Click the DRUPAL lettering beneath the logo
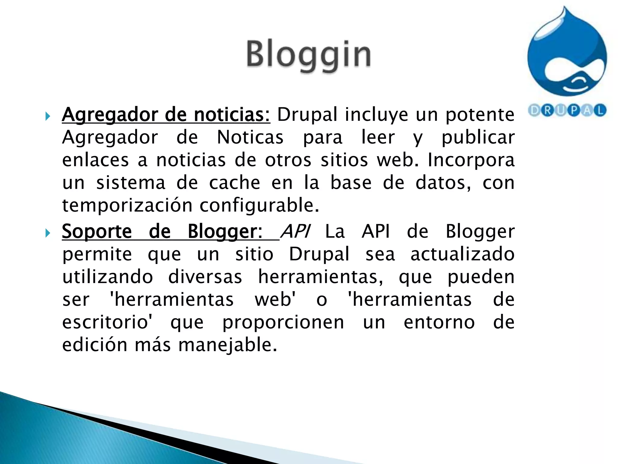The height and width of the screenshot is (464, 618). (567, 111)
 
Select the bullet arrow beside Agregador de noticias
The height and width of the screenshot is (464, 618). (47, 116)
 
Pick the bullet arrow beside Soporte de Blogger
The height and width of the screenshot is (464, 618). (47, 233)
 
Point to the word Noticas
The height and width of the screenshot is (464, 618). (250, 137)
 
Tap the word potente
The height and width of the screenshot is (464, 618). (480, 115)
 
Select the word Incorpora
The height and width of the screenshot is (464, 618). (471, 160)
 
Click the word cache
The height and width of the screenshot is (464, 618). (234, 183)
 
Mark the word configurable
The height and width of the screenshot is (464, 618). (259, 206)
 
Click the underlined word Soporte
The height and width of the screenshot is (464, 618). (97, 232)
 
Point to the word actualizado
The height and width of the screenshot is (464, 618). (462, 254)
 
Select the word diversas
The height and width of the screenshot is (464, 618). (205, 277)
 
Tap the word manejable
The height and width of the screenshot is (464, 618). (228, 345)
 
